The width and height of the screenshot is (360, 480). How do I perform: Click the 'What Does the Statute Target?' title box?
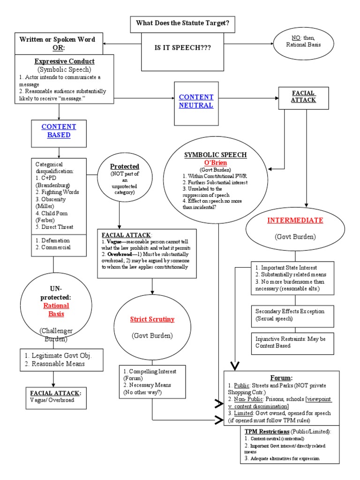[182, 22]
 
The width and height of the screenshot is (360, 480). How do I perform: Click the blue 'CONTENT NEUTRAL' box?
[195, 101]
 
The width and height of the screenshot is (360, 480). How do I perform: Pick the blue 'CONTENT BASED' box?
[59, 131]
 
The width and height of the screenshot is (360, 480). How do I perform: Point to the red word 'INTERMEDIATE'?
[295, 220]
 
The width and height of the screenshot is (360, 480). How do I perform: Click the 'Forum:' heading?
[282, 377]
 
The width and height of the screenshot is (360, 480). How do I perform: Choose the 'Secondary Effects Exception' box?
[293, 315]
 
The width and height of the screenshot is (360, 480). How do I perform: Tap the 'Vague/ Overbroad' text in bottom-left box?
[51, 400]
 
